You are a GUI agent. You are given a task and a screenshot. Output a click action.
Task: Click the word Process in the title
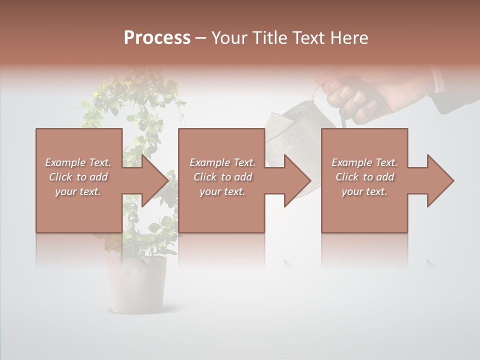pos(157,38)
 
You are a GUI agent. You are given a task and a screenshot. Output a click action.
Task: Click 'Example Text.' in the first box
pos(78,162)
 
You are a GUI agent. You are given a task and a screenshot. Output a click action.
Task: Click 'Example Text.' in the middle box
pos(222,162)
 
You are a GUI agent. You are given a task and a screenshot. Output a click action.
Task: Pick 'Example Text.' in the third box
pos(364,162)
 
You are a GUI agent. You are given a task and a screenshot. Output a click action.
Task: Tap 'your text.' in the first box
pos(78,191)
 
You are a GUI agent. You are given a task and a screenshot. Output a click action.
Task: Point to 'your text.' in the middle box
pos(222,191)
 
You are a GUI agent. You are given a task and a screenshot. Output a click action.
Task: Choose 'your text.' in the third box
pos(364,191)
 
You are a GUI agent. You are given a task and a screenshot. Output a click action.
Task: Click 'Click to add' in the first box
pos(78,177)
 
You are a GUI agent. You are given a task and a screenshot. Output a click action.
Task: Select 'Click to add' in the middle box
pos(222,177)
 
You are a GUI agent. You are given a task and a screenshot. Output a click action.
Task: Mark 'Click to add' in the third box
pos(364,177)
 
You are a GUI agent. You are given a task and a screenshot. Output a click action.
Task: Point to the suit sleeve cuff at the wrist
pos(440,80)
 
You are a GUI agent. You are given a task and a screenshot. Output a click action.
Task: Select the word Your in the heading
pos(229,38)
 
